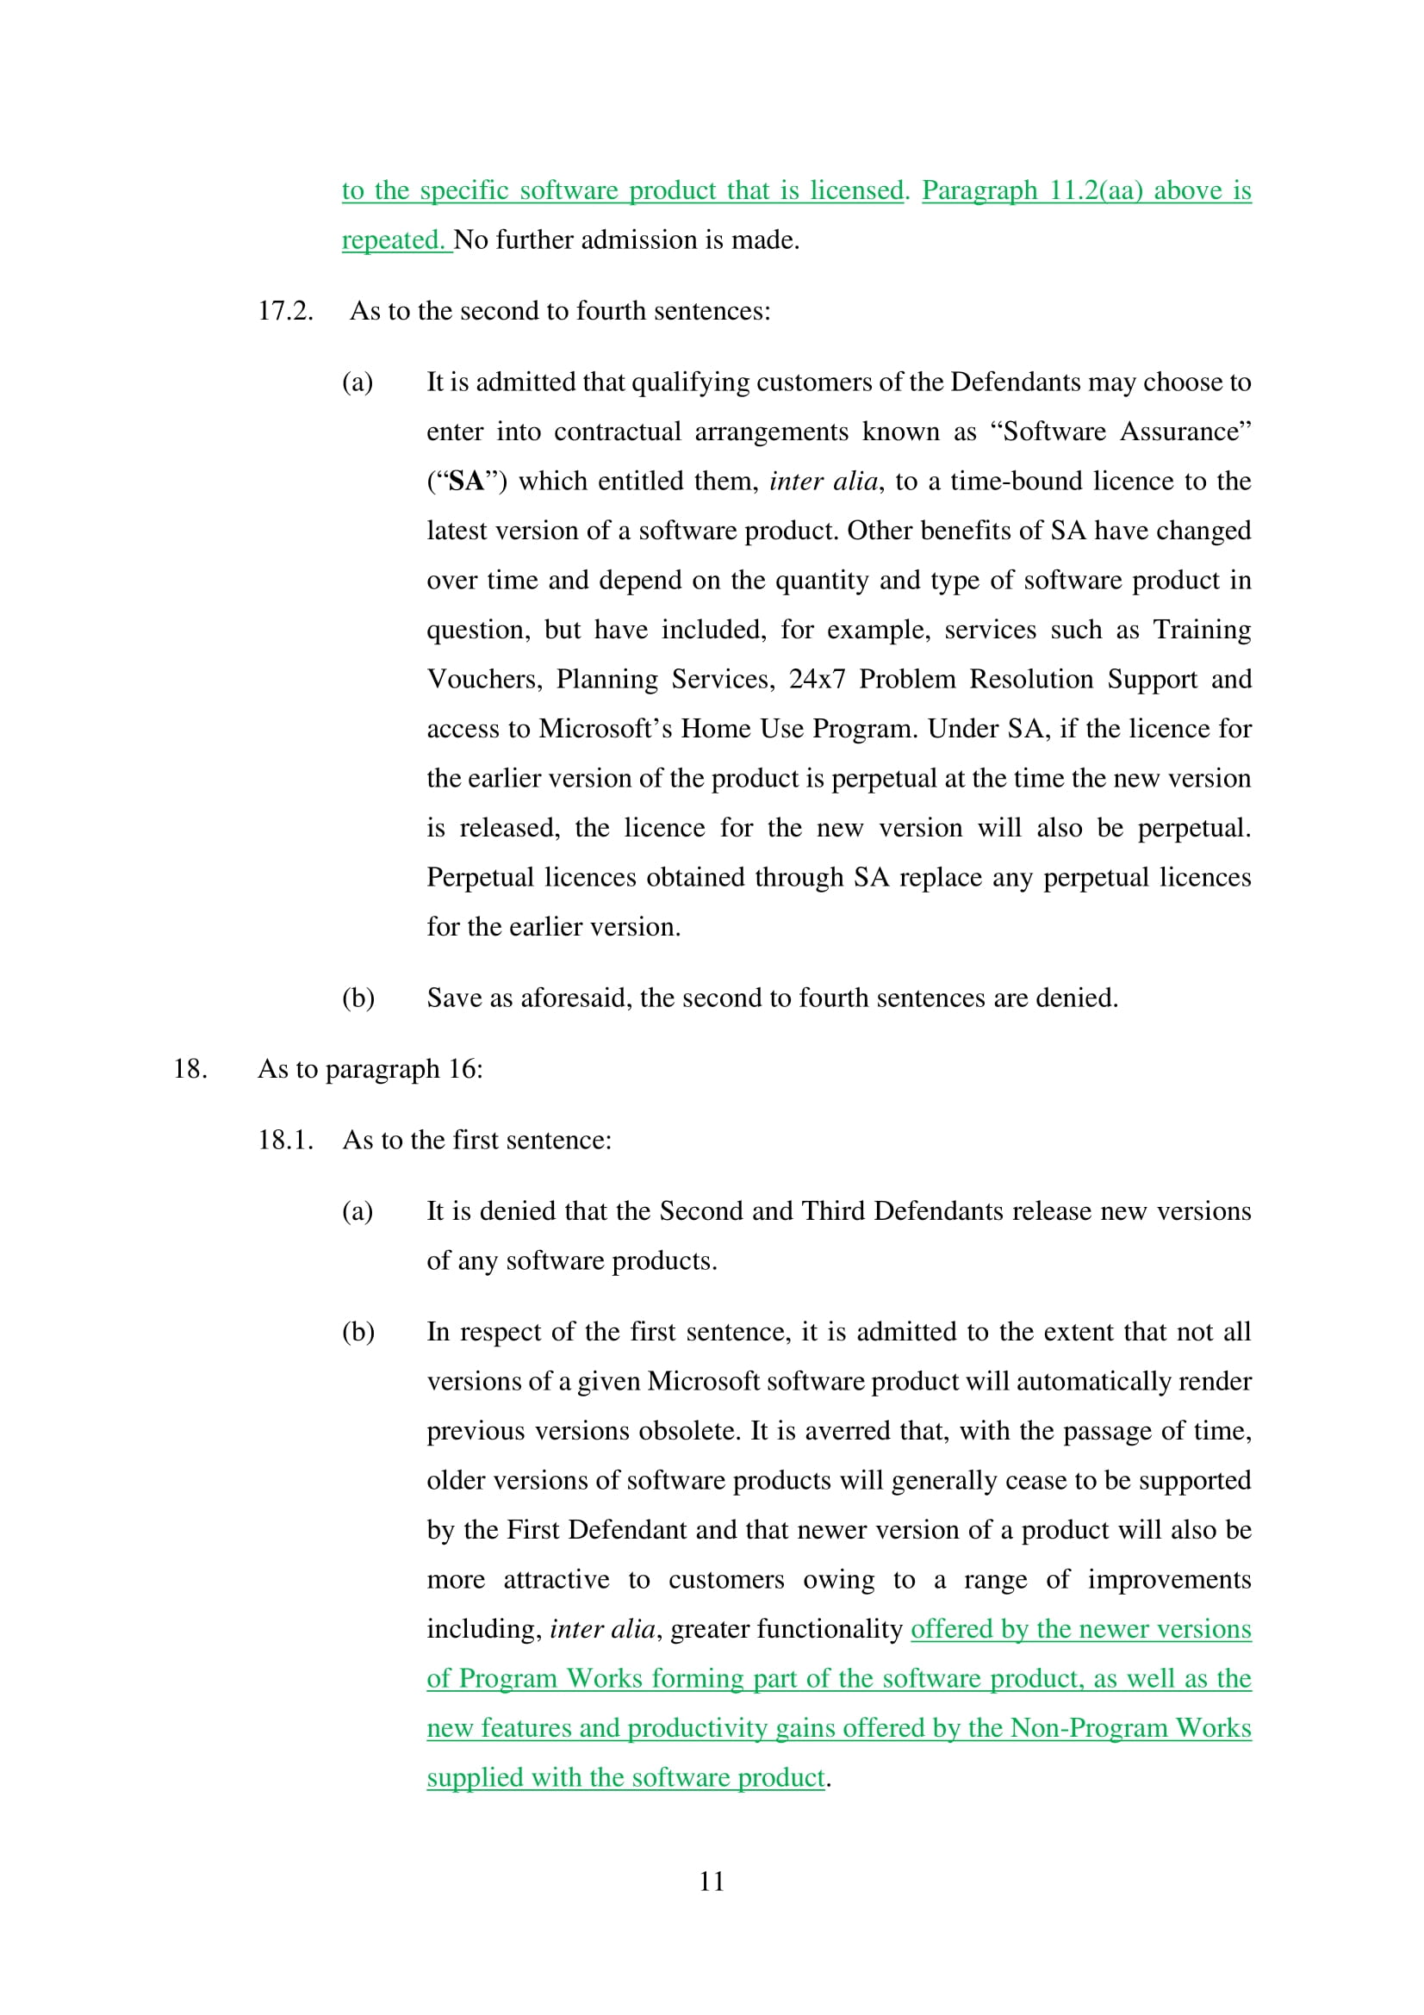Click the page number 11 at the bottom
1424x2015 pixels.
(712, 1881)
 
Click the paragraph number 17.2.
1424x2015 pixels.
(285, 311)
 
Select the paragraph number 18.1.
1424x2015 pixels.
(285, 1140)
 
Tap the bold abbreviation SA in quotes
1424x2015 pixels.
(467, 481)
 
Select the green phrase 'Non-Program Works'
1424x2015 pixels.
(1130, 1727)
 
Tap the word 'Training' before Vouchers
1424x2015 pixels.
(1201, 629)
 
